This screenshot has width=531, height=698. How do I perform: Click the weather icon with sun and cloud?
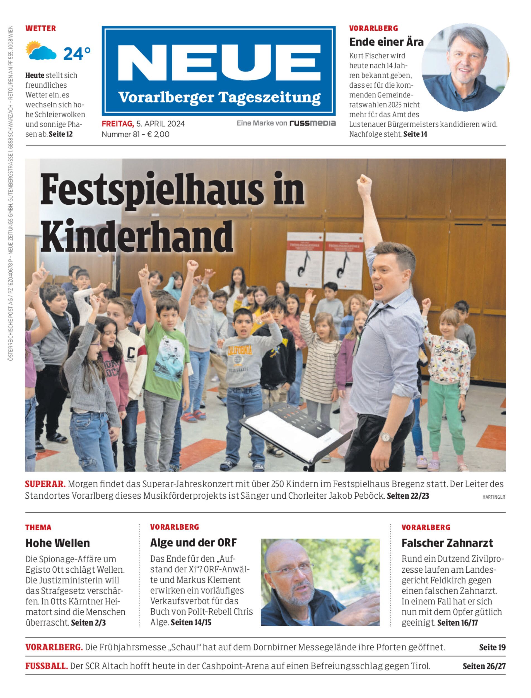(41, 51)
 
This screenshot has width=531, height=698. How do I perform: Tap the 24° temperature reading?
(77, 54)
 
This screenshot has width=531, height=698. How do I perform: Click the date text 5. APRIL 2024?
(160, 124)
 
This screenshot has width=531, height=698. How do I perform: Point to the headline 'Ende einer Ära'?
(386, 42)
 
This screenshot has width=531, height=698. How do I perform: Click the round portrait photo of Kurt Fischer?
(465, 67)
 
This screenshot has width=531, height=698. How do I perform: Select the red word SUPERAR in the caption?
(45, 484)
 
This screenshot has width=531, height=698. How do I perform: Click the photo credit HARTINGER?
(493, 497)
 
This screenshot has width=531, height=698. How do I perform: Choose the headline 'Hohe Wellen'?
(57, 543)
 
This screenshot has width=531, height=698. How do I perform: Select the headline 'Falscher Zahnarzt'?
(447, 543)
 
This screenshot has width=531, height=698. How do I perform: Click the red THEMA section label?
(38, 527)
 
